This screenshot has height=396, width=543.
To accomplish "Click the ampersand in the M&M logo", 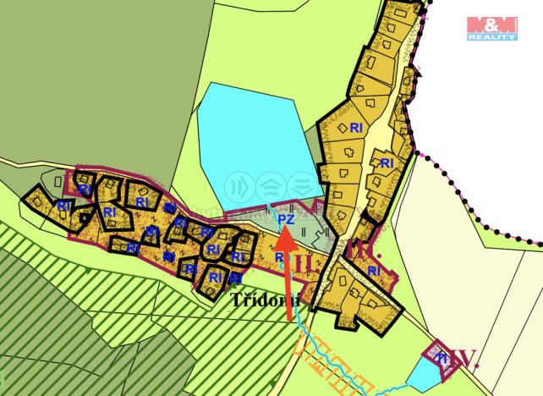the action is click(492, 25).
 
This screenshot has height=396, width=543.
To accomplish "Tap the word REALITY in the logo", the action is click(492, 38).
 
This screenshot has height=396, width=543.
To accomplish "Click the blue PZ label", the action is click(285, 219).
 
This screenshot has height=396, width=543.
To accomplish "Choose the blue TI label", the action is click(441, 359).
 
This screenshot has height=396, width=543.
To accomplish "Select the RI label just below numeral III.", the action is click(375, 271).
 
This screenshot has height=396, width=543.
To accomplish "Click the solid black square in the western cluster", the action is click(84, 217).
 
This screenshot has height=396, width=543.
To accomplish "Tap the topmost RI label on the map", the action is click(356, 127).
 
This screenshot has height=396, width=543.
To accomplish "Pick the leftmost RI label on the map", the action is click(63, 205).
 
